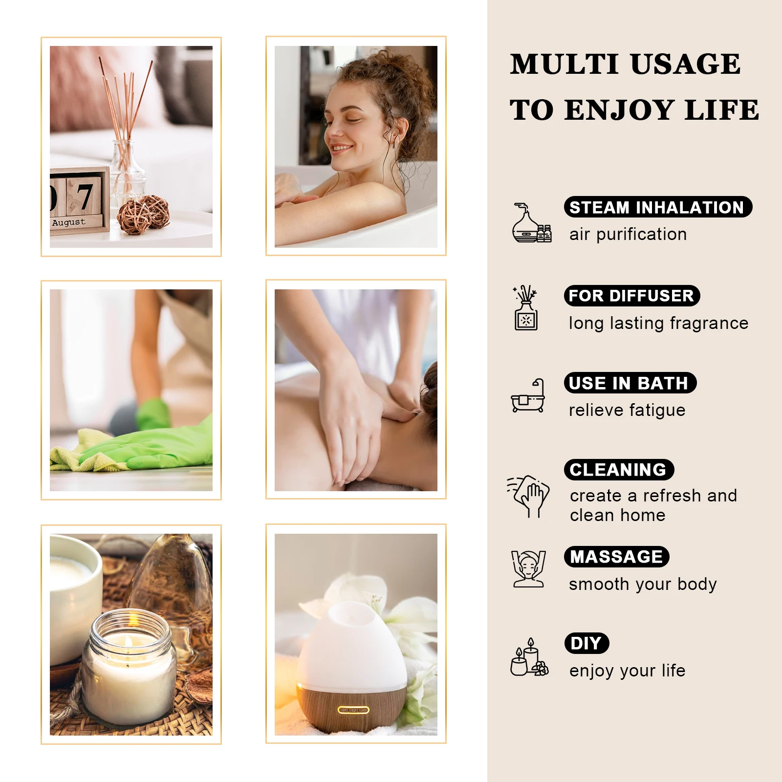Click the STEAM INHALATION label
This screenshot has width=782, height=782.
[658, 207]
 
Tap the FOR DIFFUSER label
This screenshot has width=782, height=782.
[632, 296]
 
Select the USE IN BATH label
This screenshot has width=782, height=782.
[630, 383]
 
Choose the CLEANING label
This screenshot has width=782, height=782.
[619, 470]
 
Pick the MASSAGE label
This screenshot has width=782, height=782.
[617, 557]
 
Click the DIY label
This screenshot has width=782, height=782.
[586, 643]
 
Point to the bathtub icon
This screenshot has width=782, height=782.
[528, 396]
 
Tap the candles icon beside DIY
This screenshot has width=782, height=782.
[529, 657]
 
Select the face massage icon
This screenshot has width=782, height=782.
[528, 569]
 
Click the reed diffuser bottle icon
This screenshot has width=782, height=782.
[526, 308]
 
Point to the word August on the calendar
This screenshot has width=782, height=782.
[69, 222]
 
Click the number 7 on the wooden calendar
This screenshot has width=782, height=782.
[85, 196]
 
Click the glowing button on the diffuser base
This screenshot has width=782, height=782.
[353, 710]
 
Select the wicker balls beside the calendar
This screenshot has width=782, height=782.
[143, 215]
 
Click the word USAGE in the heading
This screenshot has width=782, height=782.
[685, 64]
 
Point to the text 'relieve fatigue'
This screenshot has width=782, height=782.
[627, 411]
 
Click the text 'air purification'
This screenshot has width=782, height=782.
[628, 235]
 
